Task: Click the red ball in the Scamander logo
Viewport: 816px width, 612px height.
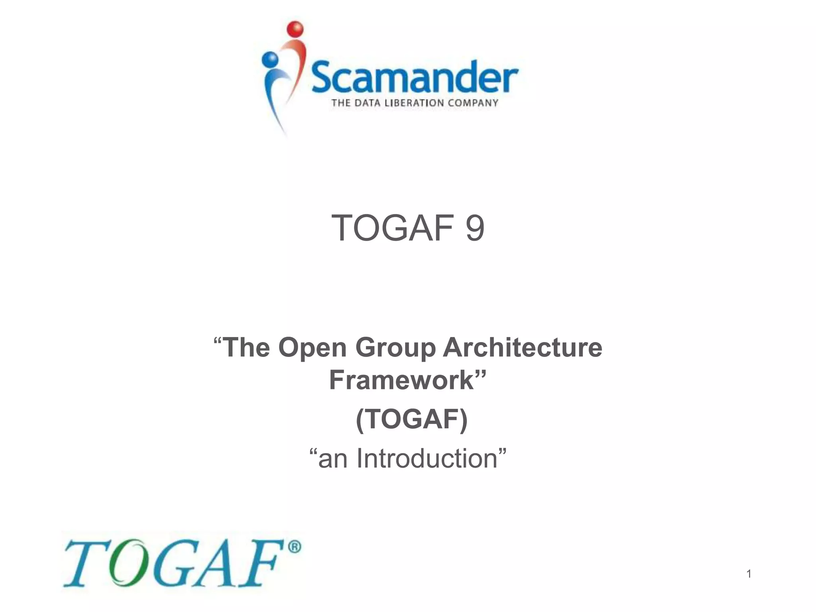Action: [x=295, y=29]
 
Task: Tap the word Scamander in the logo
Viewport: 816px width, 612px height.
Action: [x=414, y=78]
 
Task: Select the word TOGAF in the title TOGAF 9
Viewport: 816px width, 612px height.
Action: [x=392, y=228]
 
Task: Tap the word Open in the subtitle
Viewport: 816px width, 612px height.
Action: [x=312, y=347]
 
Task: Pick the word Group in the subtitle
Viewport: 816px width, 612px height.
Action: [x=395, y=347]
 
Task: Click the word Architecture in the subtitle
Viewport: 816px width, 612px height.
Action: [x=522, y=347]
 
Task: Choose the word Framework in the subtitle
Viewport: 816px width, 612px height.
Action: [x=402, y=380]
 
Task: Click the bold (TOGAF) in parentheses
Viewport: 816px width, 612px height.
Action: [x=412, y=419]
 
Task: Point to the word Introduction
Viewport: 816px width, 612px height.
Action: [x=427, y=458]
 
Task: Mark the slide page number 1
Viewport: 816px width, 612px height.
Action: [x=749, y=574]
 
